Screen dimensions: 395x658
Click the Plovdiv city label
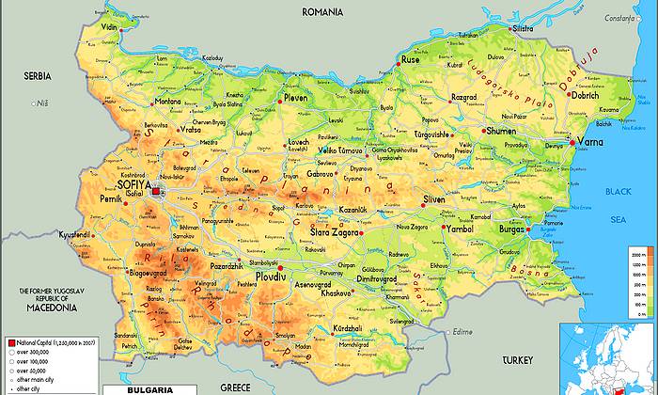(273, 278)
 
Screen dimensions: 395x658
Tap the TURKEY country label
(516, 360)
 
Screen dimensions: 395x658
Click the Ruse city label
(411, 59)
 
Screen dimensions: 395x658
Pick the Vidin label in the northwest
(110, 28)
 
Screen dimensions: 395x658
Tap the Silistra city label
(524, 29)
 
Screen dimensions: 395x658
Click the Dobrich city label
(585, 95)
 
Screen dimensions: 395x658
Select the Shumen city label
(501, 132)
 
